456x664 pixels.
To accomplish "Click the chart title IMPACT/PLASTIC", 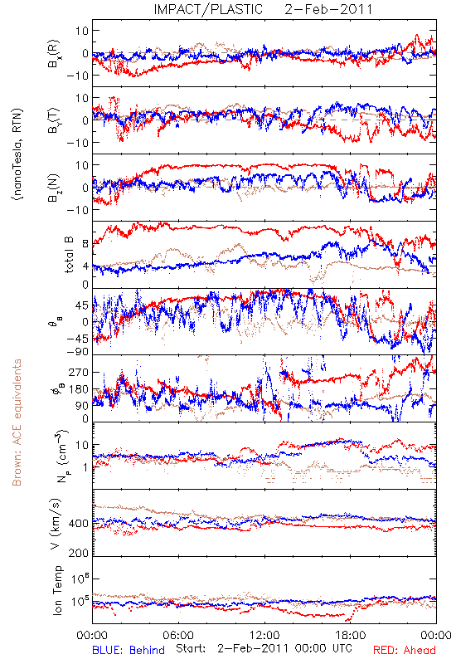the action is point(208,9).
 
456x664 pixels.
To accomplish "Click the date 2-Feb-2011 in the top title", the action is point(328,9).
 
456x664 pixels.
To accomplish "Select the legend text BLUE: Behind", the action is point(129,650).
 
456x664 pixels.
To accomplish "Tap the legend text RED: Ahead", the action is point(405,650).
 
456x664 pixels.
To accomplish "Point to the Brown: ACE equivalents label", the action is point(17,422).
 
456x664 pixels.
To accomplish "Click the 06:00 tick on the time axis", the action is point(178,635).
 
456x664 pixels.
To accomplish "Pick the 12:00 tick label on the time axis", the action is point(264,635).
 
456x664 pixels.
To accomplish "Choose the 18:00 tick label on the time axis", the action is point(351,635).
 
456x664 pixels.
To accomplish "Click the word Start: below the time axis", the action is point(191,648).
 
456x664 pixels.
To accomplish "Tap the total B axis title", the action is point(69,255).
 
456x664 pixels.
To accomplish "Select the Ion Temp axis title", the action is point(57,590).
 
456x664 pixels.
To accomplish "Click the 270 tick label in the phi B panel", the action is point(78,372).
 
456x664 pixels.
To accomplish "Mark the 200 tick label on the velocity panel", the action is point(78,553).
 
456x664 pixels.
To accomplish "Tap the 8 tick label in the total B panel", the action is point(85,244).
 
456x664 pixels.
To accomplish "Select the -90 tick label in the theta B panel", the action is point(76,351).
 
